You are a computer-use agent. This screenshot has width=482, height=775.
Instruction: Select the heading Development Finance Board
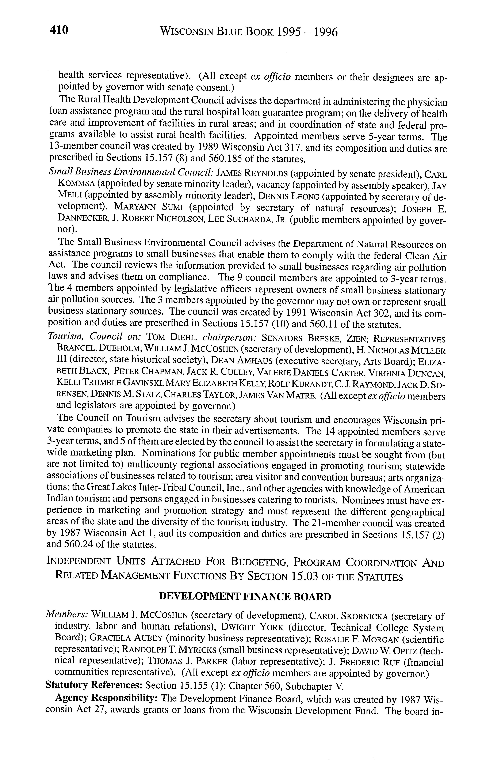point(245,596)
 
